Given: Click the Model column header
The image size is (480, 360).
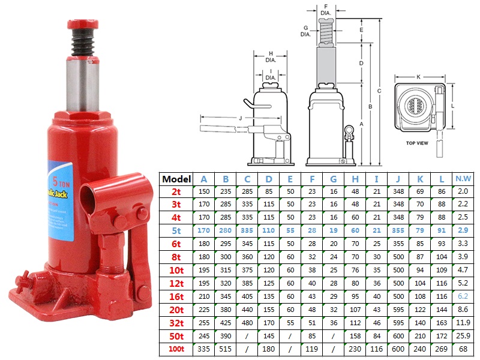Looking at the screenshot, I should [176, 179].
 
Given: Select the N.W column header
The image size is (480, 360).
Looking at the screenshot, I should [462, 179].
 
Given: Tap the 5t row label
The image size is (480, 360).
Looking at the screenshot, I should [176, 230].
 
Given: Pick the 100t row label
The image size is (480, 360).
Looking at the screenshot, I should [176, 349].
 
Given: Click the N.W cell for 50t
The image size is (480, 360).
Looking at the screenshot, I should [462, 335].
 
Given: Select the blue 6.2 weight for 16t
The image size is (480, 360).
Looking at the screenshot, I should [462, 296].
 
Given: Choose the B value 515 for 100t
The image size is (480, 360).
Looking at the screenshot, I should [226, 349].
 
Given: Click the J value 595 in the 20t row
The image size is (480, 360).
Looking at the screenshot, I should [397, 309].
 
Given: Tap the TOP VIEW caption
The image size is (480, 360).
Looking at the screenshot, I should [416, 143].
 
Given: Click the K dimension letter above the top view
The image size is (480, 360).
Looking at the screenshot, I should [418, 77].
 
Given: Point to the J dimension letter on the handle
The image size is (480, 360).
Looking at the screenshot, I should [240, 118].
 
